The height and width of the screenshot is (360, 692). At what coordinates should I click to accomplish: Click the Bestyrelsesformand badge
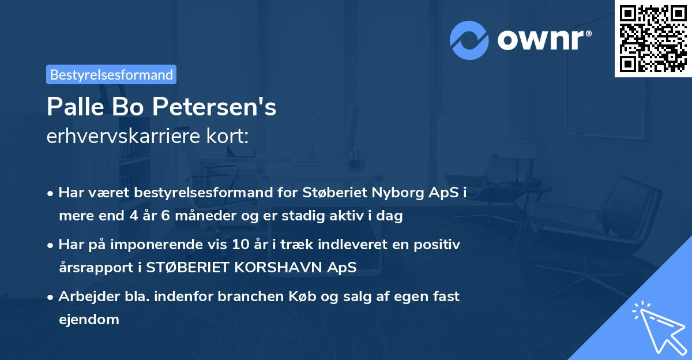click(111, 74)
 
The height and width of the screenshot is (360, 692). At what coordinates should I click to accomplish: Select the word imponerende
click(178, 245)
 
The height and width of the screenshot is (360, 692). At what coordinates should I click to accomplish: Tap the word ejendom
click(89, 319)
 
